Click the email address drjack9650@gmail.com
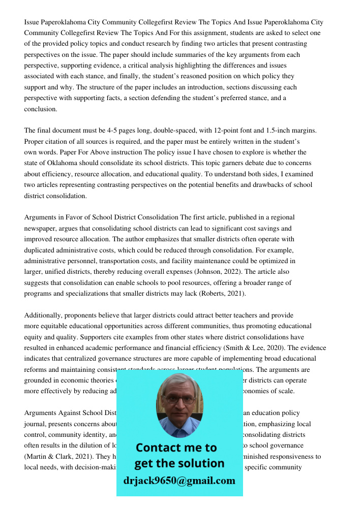tap(179, 481)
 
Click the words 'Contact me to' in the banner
tap(176, 448)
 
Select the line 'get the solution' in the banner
tap(179, 463)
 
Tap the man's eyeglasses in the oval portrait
tap(179, 400)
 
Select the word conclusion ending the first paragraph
tap(40, 109)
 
